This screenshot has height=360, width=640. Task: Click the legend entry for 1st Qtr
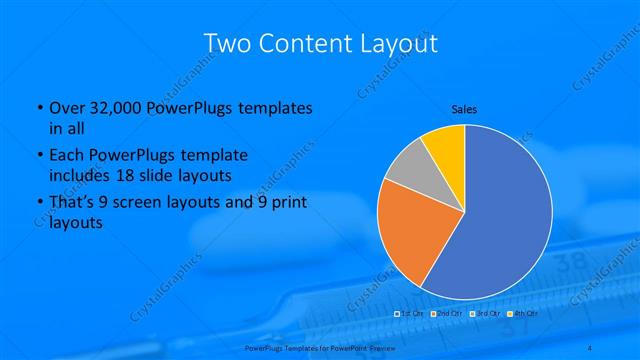click(409, 314)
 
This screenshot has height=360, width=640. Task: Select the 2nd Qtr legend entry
click(446, 314)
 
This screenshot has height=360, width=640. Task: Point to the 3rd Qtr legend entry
click(484, 314)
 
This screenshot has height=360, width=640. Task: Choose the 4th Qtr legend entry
click(521, 314)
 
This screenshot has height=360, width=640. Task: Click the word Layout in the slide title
click(392, 44)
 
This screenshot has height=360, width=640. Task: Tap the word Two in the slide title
click(229, 44)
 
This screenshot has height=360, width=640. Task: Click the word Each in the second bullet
click(66, 156)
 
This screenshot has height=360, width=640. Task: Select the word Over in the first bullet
click(67, 108)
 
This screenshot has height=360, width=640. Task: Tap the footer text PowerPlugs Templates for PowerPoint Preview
click(319, 347)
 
